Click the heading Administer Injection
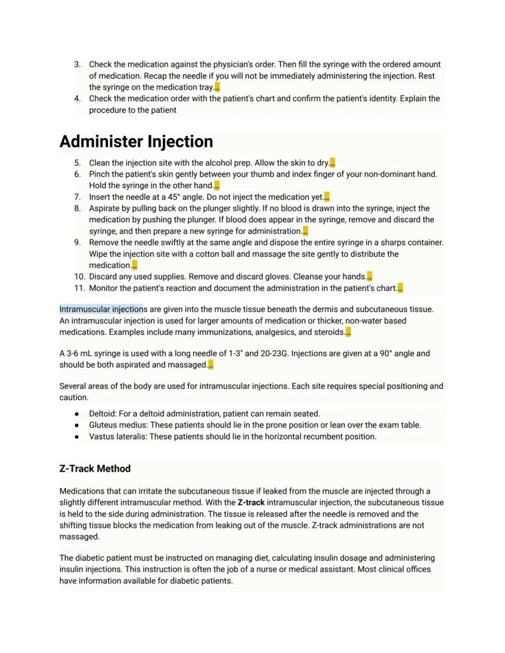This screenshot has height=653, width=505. [x=136, y=141]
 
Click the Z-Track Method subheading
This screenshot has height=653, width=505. [x=95, y=468]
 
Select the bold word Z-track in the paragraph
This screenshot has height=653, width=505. [x=251, y=502]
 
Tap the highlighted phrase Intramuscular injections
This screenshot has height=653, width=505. [x=101, y=309]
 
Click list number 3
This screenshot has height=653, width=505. [x=77, y=64]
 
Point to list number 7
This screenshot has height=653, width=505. [x=77, y=197]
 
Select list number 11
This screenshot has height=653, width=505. [x=79, y=288]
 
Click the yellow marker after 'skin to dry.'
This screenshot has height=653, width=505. [x=332, y=163]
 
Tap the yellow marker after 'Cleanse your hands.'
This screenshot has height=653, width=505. [x=370, y=277]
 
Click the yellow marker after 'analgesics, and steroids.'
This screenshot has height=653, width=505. [x=348, y=332]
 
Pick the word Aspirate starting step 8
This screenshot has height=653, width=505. [x=106, y=209]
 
